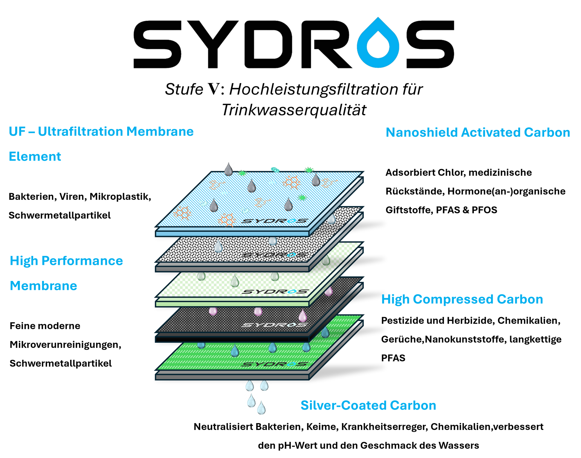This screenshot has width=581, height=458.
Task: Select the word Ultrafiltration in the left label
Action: [x=80, y=132]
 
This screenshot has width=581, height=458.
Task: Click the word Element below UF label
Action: [x=35, y=157]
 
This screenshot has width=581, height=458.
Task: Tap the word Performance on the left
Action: [x=82, y=261]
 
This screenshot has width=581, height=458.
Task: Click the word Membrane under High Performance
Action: [x=44, y=286]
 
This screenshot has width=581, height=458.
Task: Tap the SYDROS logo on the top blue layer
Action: [x=274, y=221]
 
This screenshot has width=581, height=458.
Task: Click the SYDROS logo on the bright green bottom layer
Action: [x=274, y=364]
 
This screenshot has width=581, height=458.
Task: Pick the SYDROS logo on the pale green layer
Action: [x=274, y=291]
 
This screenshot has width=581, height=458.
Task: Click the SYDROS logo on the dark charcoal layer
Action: [x=274, y=325]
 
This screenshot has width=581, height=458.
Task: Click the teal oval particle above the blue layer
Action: [x=275, y=169]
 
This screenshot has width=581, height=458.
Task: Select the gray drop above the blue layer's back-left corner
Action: [x=228, y=169]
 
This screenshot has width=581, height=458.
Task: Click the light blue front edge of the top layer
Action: [x=232, y=233]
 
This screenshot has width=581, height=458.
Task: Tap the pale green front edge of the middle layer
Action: [x=232, y=304]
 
